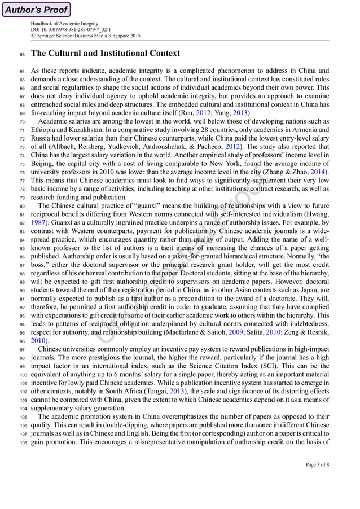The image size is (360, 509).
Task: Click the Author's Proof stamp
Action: pyautogui.click(x=37, y=10)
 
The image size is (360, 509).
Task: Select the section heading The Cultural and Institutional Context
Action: pyautogui.click(x=105, y=54)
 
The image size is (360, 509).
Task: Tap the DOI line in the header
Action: pyautogui.click(x=71, y=30)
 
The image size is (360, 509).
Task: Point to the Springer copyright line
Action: pyautogui.click(x=86, y=36)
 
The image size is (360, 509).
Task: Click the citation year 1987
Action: pyautogui.click(x=39, y=222)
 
